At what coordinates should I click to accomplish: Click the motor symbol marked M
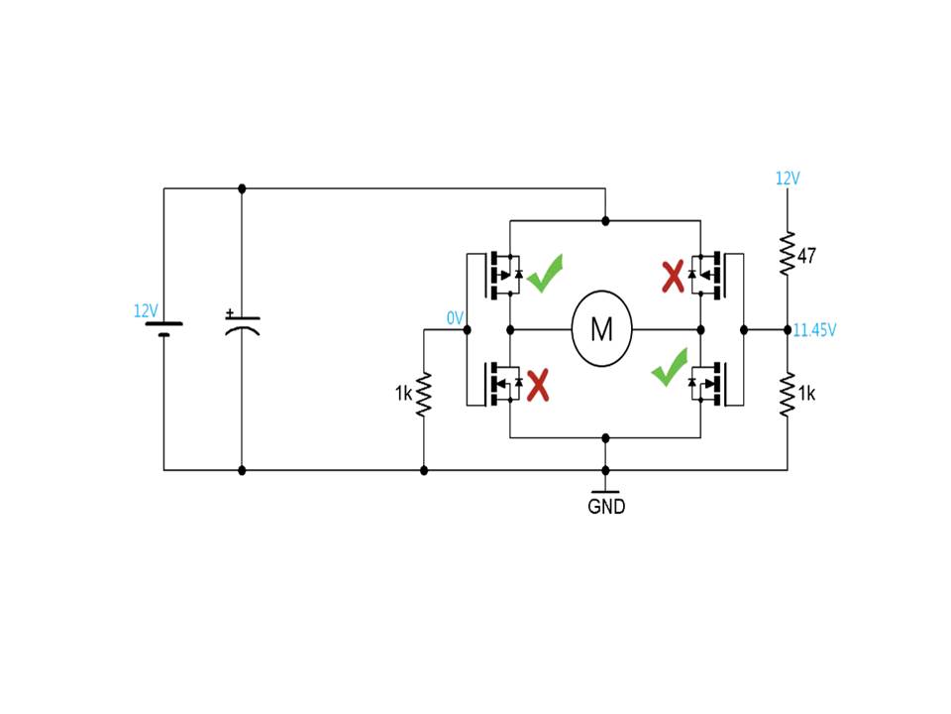[x=601, y=328]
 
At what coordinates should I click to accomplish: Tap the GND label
[x=606, y=506]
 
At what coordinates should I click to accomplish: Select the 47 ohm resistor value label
[x=806, y=256]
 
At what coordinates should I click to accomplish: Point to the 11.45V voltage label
[x=814, y=329]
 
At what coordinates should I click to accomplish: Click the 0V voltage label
[x=455, y=317]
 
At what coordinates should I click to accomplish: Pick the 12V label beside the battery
[x=146, y=310]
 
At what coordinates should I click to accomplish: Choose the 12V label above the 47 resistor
[x=788, y=178]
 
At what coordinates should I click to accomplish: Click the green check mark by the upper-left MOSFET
[x=545, y=274]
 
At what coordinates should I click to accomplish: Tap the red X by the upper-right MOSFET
[x=673, y=277]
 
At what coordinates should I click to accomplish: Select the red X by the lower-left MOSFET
[x=537, y=385]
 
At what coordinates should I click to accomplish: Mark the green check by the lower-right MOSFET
[x=670, y=367]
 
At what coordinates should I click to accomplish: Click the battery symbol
[x=163, y=328]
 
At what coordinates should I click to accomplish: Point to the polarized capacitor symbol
[x=242, y=324]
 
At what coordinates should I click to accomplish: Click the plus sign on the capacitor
[x=229, y=312]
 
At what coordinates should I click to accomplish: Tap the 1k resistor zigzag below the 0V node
[x=423, y=394]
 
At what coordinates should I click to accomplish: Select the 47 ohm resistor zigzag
[x=788, y=253]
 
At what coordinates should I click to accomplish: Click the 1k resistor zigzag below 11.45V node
[x=788, y=394]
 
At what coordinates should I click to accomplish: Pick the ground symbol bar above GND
[x=605, y=491]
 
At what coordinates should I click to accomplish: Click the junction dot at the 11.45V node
[x=788, y=329]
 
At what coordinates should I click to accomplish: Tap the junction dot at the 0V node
[x=467, y=329]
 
